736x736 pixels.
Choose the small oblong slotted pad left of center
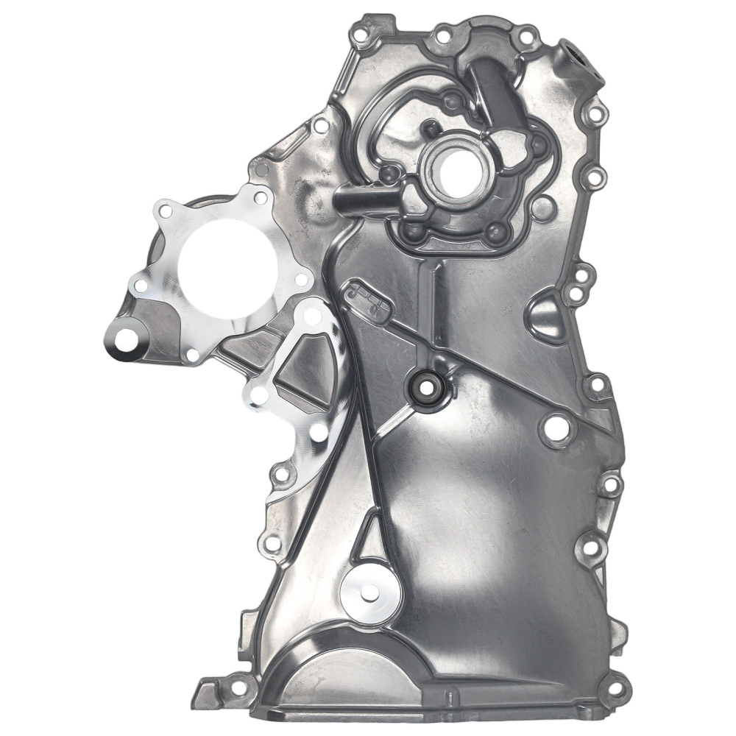tap(367, 296)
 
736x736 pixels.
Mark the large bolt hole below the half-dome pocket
tap(556, 427)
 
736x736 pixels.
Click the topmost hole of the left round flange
tap(260, 197)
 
